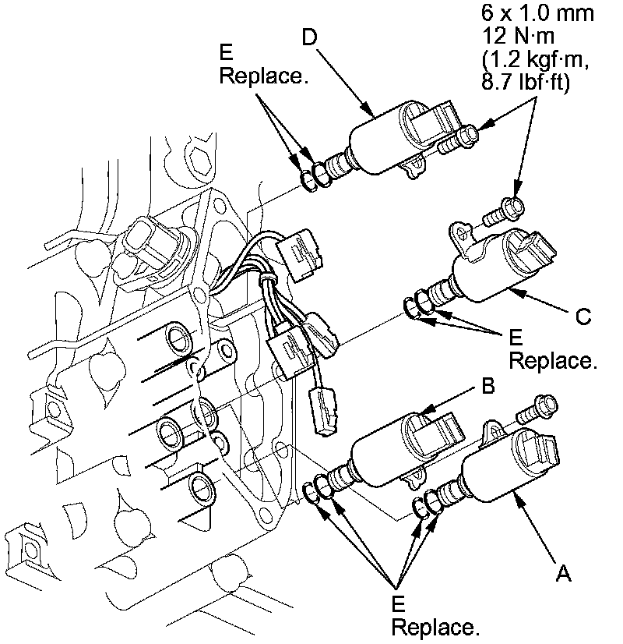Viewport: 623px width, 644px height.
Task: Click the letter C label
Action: click(x=583, y=317)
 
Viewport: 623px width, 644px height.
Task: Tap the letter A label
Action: click(x=565, y=574)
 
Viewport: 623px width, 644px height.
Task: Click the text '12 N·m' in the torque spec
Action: click(x=515, y=37)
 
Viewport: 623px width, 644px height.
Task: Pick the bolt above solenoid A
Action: click(x=538, y=405)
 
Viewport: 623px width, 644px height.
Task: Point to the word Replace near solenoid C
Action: click(x=552, y=362)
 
